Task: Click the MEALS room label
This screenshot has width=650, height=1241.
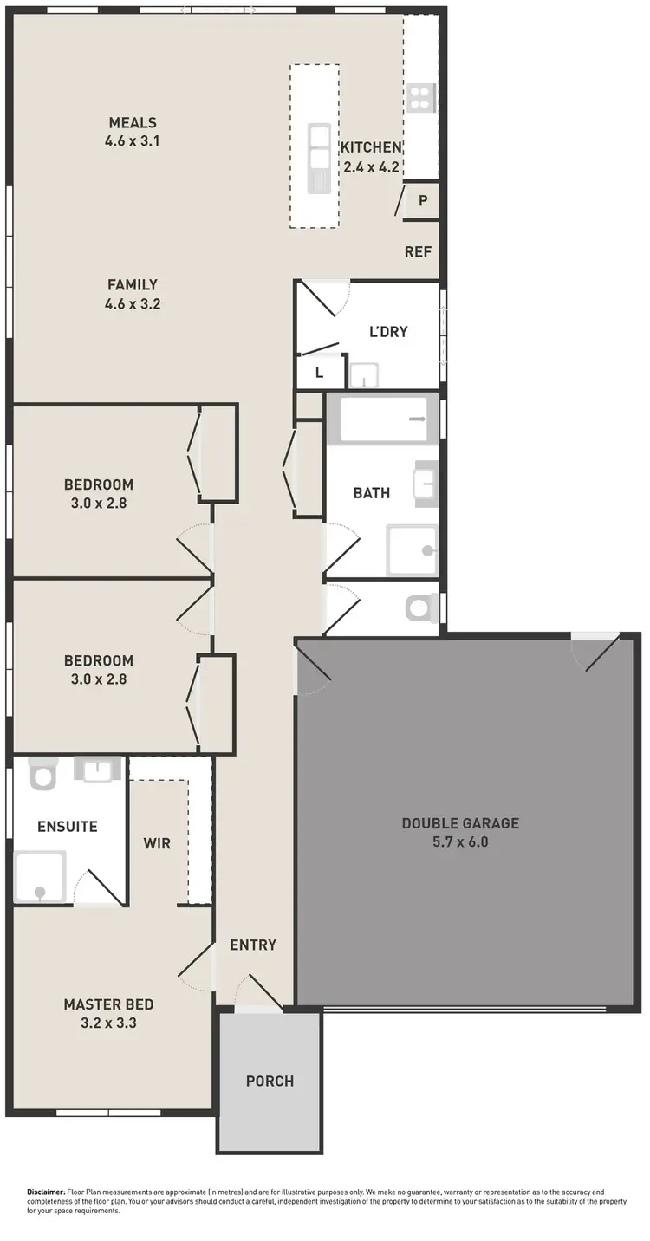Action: tap(133, 122)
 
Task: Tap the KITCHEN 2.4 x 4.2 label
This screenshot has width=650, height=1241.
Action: tap(370, 157)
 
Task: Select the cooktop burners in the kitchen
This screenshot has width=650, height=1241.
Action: tap(421, 97)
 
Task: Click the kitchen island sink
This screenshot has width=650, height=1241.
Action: tap(319, 159)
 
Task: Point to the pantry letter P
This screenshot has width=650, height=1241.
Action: tap(423, 200)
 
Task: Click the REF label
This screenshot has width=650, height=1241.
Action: tap(418, 252)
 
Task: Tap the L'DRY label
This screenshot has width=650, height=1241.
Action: tap(388, 331)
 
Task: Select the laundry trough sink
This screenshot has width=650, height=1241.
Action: tap(364, 375)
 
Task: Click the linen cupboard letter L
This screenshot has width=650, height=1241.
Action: tap(319, 373)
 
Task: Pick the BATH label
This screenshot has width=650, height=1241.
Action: tap(371, 492)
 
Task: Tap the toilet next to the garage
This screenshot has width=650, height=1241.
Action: tap(421, 608)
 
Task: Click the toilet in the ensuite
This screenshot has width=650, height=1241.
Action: tap(42, 773)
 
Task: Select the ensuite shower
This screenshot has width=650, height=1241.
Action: tap(40, 877)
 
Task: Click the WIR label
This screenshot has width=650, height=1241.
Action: tap(157, 842)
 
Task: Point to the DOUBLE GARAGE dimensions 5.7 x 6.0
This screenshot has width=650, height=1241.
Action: tap(460, 841)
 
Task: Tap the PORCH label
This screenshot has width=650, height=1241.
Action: tap(270, 1081)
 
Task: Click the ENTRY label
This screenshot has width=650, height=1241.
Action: tap(253, 945)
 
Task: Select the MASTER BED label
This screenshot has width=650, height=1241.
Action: tap(108, 1004)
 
